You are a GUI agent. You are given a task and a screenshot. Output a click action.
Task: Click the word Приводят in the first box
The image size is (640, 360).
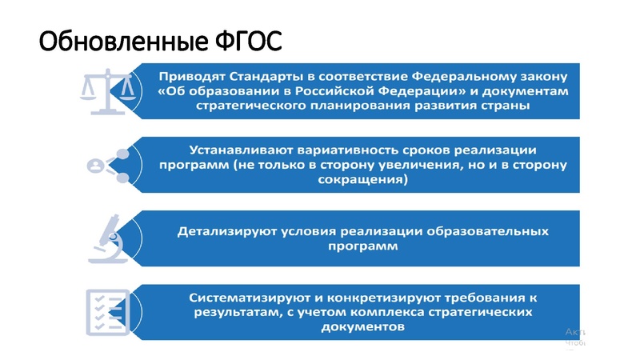tap(189, 78)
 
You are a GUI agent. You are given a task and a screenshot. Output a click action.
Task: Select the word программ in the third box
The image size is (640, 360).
tap(362, 246)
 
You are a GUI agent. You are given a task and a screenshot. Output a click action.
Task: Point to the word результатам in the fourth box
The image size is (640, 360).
tap(233, 312)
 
